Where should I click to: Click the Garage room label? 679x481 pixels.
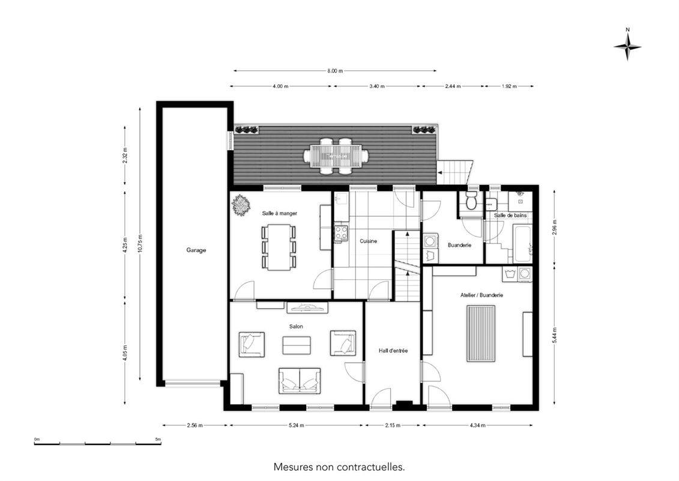[x=196, y=250]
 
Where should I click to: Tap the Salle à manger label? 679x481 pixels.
[x=279, y=213]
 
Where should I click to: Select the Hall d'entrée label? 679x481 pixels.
[x=393, y=351]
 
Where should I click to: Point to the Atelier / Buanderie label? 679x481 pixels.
[x=481, y=295]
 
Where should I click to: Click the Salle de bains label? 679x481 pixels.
[x=510, y=216]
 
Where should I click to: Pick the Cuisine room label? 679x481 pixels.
[x=368, y=241]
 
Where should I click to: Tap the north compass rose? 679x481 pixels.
[x=627, y=47]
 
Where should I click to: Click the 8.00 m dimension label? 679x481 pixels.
[x=335, y=71]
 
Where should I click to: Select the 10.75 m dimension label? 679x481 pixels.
[x=140, y=244]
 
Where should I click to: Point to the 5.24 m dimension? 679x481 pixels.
[x=297, y=425]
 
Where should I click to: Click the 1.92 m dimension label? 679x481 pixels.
[x=509, y=86]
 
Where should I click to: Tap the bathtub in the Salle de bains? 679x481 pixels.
[x=523, y=243]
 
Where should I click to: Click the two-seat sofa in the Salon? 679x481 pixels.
[x=300, y=381]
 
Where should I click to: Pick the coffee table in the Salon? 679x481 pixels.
[x=297, y=345]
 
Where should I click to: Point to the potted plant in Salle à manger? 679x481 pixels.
[x=241, y=205]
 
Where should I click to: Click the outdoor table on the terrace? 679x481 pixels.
[x=336, y=156]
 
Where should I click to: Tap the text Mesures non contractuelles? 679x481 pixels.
[x=339, y=467]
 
